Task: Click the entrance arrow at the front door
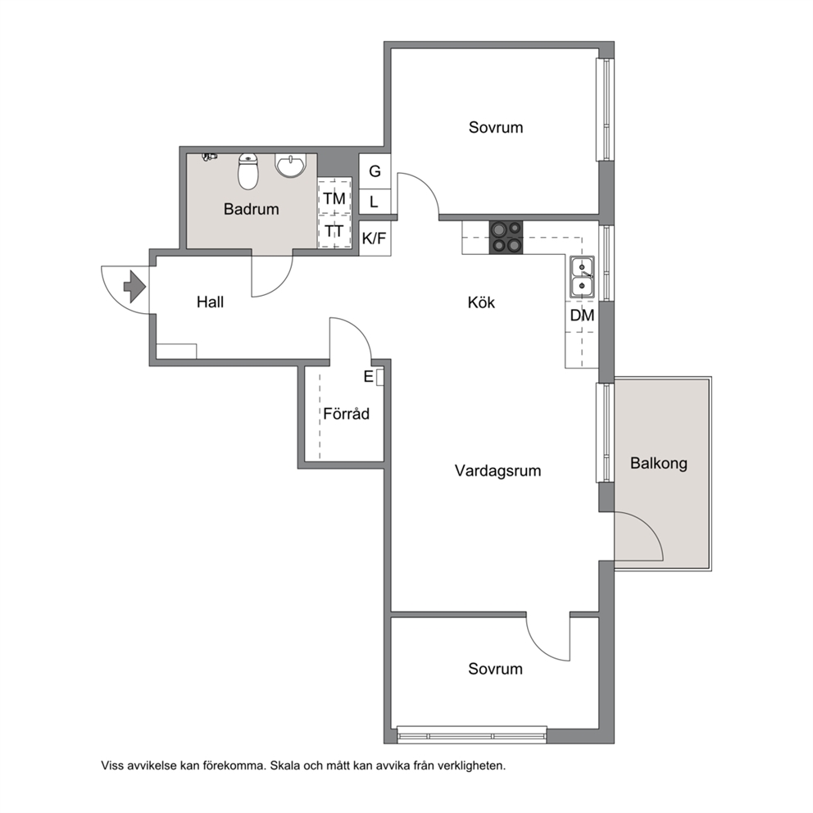click(x=134, y=286)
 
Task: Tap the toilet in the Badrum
click(x=248, y=171)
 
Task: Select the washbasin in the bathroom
click(x=290, y=166)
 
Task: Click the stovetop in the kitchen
click(x=506, y=238)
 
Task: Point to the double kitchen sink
click(x=582, y=277)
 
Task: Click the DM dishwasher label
click(x=582, y=316)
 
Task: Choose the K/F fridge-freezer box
click(x=375, y=238)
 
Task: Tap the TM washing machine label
click(x=334, y=198)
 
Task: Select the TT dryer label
click(x=334, y=231)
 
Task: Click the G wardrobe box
click(x=375, y=171)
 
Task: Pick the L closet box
click(x=375, y=202)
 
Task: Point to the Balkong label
click(x=658, y=463)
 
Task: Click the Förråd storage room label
click(x=347, y=413)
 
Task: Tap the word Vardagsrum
click(x=497, y=470)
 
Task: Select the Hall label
click(x=210, y=302)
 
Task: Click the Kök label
click(x=481, y=302)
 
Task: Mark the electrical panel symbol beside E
click(x=380, y=378)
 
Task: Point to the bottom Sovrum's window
click(x=472, y=735)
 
